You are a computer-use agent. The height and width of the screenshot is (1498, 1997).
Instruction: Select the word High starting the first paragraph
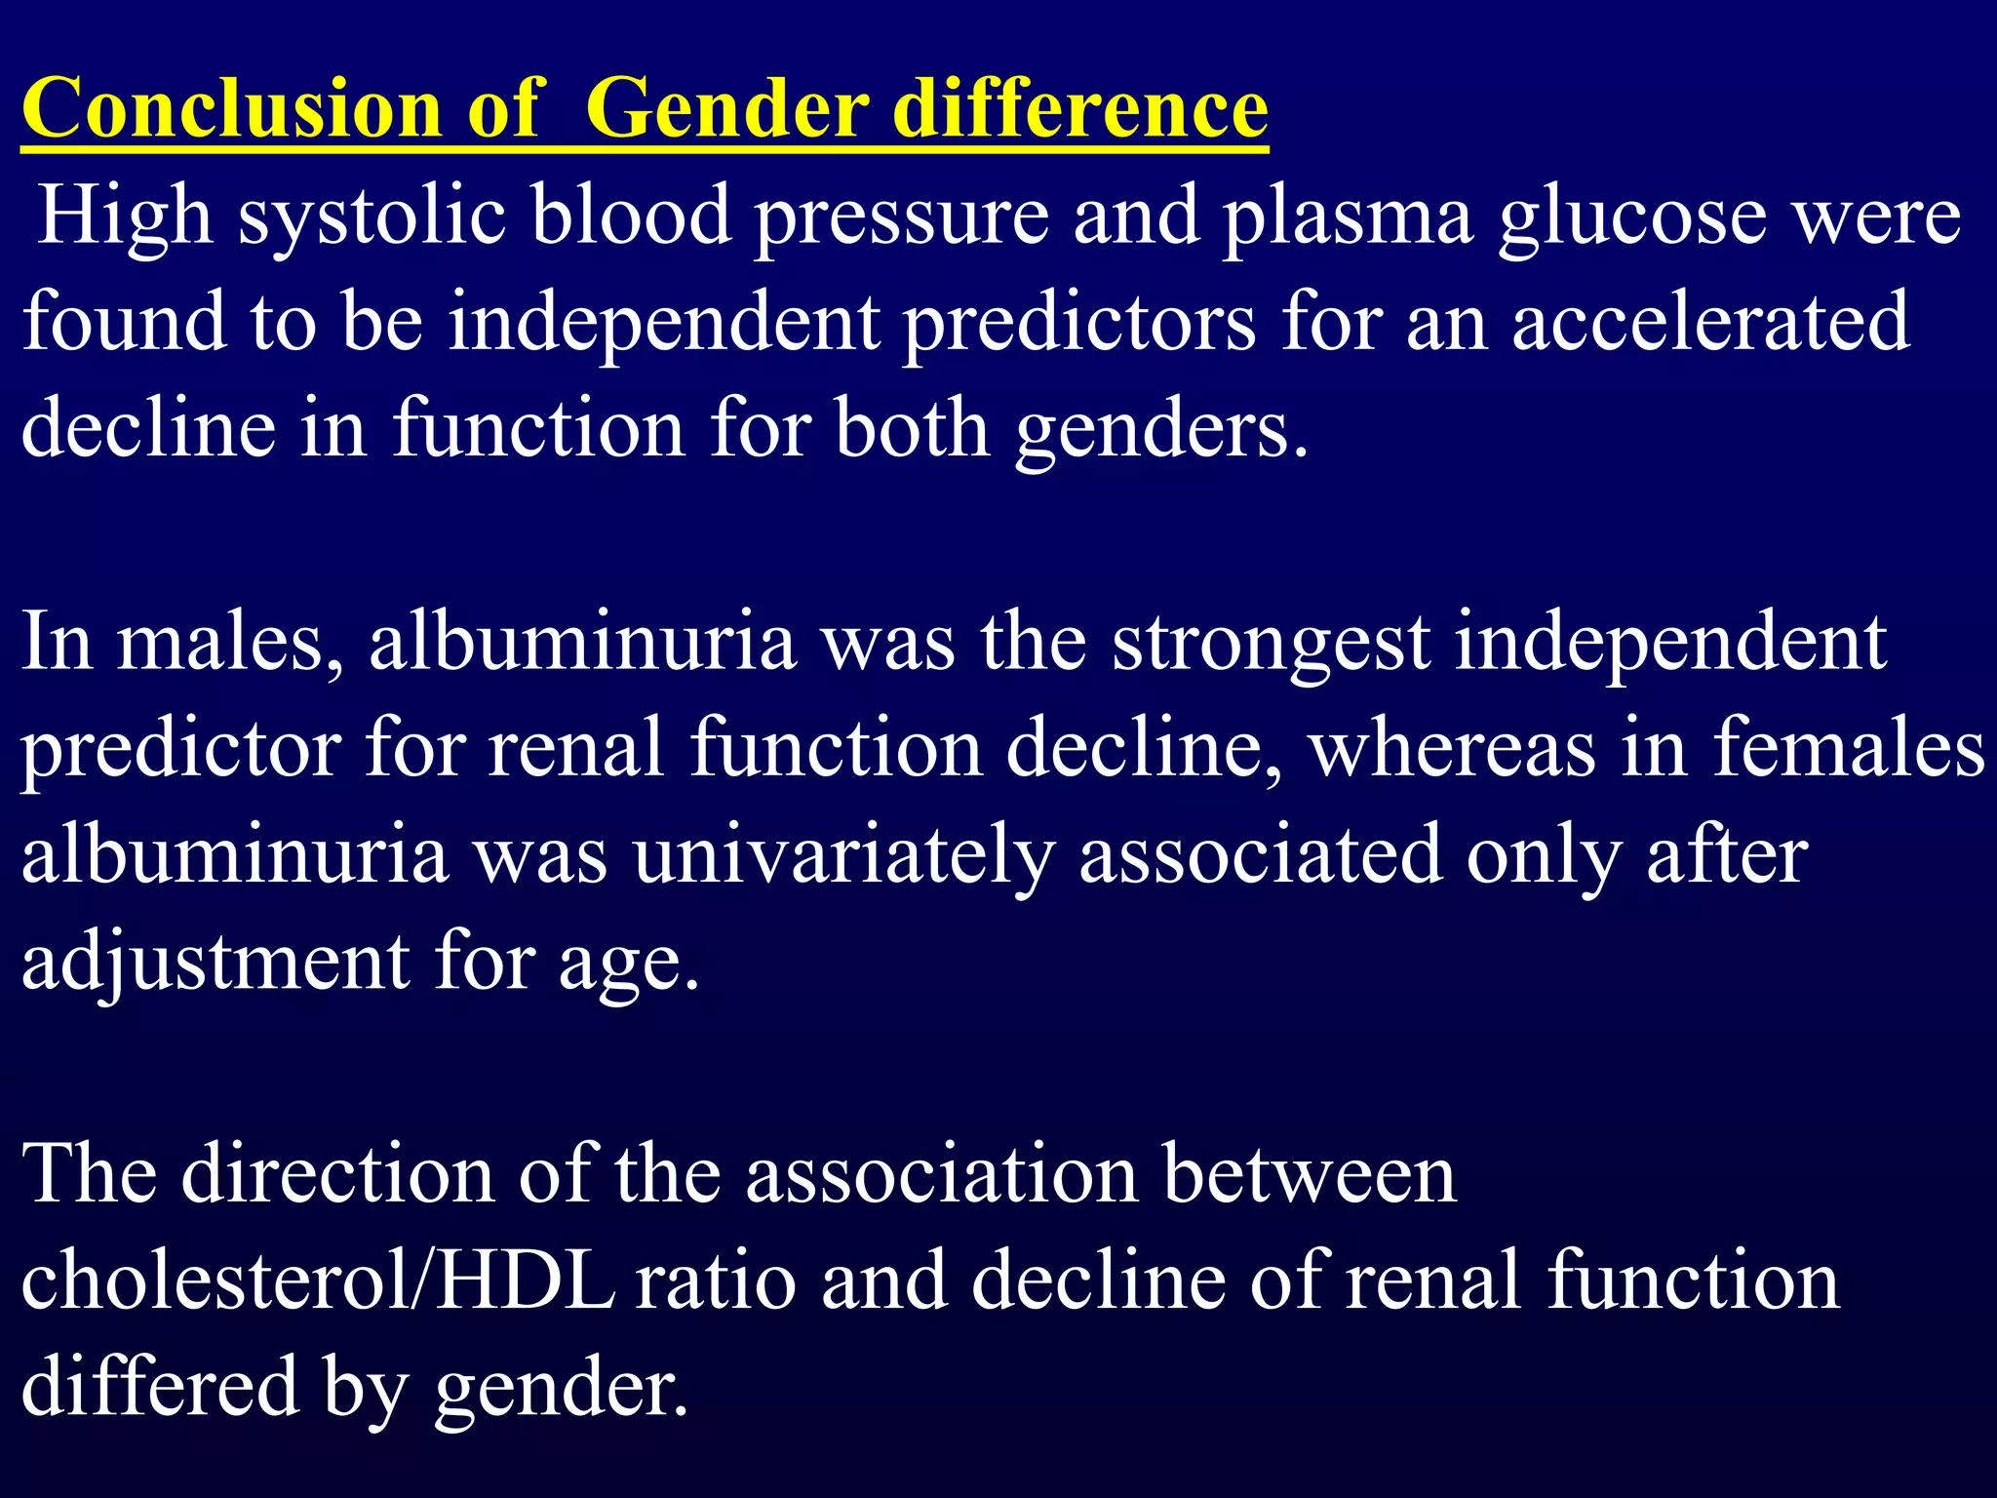126,216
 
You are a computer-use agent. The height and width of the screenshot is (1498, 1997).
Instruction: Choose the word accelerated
1711,322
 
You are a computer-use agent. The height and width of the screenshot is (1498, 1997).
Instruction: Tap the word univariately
844,855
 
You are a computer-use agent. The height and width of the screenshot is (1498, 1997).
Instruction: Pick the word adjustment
215,963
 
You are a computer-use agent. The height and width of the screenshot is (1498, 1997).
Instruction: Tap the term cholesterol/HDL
318,1281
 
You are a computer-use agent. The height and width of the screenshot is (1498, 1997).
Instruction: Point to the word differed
160,1387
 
